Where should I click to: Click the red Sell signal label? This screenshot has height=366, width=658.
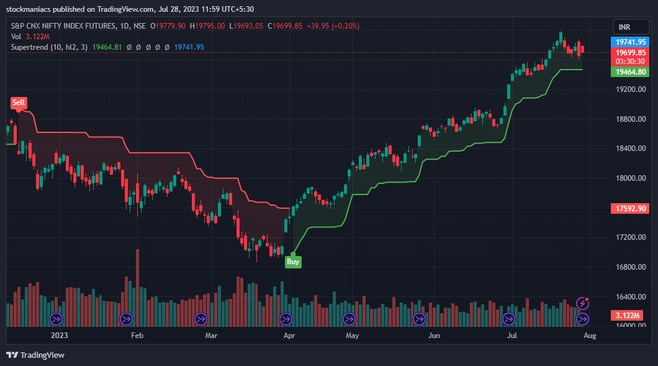(19, 102)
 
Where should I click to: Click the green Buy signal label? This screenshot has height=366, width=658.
(293, 262)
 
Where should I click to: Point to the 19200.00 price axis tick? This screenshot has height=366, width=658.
(630, 89)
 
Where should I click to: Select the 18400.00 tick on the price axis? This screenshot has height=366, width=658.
(630, 149)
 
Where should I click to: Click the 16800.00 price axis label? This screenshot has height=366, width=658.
(630, 267)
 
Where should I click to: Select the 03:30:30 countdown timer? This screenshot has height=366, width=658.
(630, 62)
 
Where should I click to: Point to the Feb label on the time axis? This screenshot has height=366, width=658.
(137, 336)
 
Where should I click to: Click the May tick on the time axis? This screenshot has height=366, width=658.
(352, 336)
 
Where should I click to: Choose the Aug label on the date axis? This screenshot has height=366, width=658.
(590, 336)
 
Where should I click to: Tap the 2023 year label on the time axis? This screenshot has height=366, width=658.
(59, 336)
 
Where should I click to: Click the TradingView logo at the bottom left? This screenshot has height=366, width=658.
(35, 355)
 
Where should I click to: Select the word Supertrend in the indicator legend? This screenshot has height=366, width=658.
(30, 47)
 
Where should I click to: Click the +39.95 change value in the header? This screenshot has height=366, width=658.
(318, 26)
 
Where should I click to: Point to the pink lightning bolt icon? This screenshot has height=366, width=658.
(582, 303)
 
